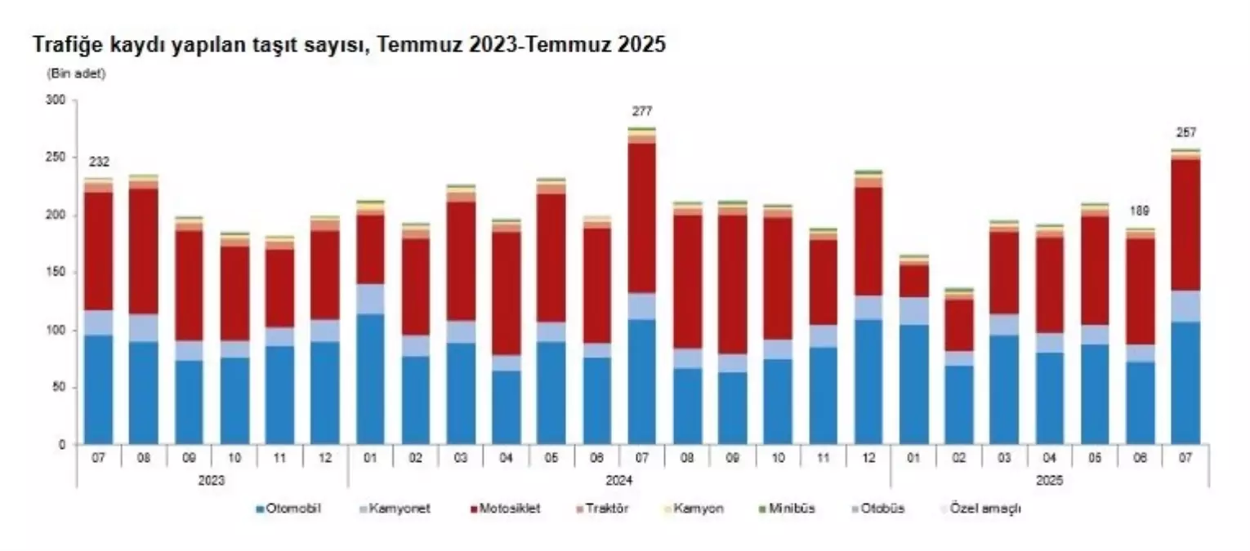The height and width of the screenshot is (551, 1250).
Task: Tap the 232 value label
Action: point(98,161)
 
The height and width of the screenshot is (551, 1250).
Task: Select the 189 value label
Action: point(1139,211)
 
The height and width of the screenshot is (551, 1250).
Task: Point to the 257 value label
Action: point(1185,132)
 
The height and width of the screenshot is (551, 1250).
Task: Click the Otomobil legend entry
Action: point(291,509)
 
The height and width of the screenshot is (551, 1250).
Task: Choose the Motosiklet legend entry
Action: point(505,509)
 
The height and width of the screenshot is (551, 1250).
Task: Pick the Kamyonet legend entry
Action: point(398,509)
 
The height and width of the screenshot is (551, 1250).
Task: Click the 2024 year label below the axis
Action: point(618,482)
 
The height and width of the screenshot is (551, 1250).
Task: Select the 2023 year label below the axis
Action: point(212,482)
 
